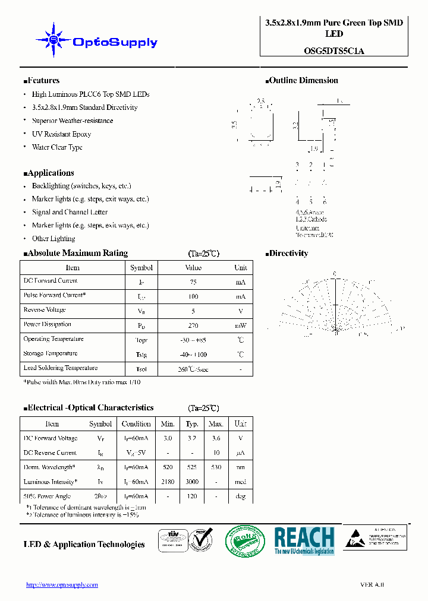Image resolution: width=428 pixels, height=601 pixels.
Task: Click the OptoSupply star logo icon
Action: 53,40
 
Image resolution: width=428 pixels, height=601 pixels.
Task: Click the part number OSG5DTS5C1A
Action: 333,51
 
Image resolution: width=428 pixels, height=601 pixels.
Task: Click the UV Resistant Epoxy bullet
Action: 61,134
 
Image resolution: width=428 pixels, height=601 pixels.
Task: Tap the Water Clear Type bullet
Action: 57,147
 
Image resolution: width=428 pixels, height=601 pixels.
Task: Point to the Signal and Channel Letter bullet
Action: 70,212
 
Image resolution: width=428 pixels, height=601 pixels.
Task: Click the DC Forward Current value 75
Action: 193,282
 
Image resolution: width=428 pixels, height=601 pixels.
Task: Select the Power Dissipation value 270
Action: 193,325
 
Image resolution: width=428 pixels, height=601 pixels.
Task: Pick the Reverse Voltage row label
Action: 45,310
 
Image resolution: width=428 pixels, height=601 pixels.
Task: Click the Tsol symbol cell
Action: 141,369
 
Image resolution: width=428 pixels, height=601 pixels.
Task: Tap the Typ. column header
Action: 192,424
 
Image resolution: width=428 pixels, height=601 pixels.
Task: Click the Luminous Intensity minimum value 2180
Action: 168,482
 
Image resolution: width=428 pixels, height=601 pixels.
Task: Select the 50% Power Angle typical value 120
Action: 192,496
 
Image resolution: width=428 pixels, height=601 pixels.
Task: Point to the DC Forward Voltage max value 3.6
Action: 216,438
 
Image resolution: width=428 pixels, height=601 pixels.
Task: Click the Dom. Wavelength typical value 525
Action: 192,467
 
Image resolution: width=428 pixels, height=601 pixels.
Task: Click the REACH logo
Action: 304,540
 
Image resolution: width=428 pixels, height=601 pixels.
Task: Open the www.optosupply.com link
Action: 62,584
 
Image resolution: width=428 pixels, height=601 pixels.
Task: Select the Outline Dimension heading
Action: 303,81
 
